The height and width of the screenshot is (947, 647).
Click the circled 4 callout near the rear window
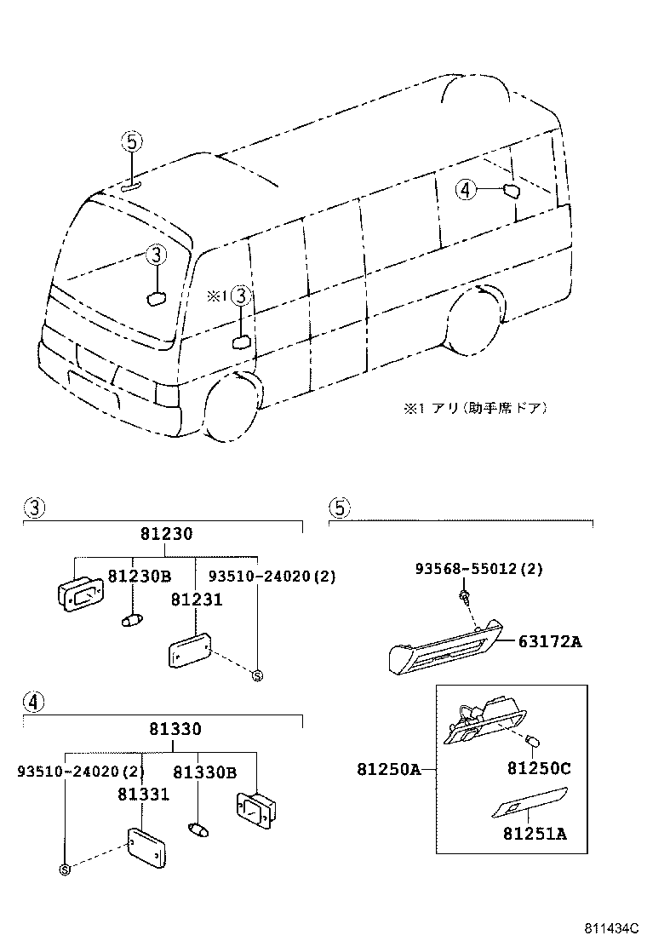click(x=464, y=190)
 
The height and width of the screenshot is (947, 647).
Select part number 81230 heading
click(x=166, y=534)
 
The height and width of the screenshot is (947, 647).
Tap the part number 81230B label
click(x=140, y=577)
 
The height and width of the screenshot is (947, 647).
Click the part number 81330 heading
click(x=175, y=730)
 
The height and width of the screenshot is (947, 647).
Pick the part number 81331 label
click(x=143, y=794)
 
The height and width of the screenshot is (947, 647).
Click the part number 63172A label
click(x=550, y=641)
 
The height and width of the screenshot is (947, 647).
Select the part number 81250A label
click(x=388, y=770)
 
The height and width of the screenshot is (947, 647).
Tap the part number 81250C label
click(x=539, y=768)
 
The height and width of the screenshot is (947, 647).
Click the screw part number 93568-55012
click(x=478, y=568)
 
